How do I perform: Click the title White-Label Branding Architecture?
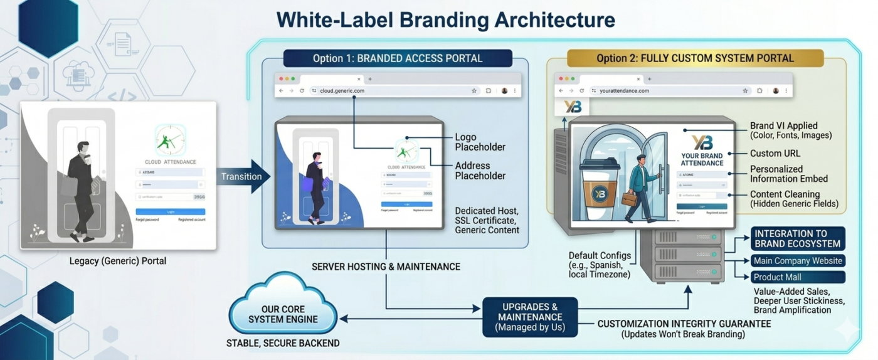click(445, 19)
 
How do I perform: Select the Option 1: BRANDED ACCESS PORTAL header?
click(398, 58)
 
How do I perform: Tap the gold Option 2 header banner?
click(695, 58)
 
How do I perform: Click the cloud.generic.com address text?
click(342, 91)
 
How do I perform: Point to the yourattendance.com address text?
click(624, 91)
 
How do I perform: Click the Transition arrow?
click(243, 176)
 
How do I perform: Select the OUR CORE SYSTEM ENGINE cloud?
click(283, 314)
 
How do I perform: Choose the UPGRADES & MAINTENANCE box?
click(530, 317)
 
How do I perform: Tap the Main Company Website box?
click(798, 261)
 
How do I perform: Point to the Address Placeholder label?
click(480, 171)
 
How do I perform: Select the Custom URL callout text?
click(775, 154)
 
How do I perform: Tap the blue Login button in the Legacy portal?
click(171, 212)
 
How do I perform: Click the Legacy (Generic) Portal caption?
click(118, 261)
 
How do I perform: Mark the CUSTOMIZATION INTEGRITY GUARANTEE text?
click(684, 324)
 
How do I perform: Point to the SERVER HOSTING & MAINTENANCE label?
click(386, 267)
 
